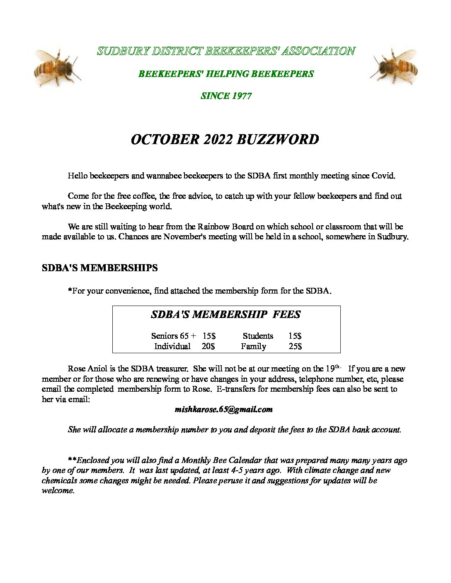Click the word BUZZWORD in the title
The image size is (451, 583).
point(278,140)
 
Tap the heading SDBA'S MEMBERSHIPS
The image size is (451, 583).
point(99,268)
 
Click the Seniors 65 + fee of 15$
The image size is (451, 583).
point(209,336)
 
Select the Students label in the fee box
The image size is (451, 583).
point(258,336)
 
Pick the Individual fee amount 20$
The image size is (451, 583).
point(208,346)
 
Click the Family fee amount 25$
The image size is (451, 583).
point(295,346)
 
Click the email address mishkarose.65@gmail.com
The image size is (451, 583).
point(224,410)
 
